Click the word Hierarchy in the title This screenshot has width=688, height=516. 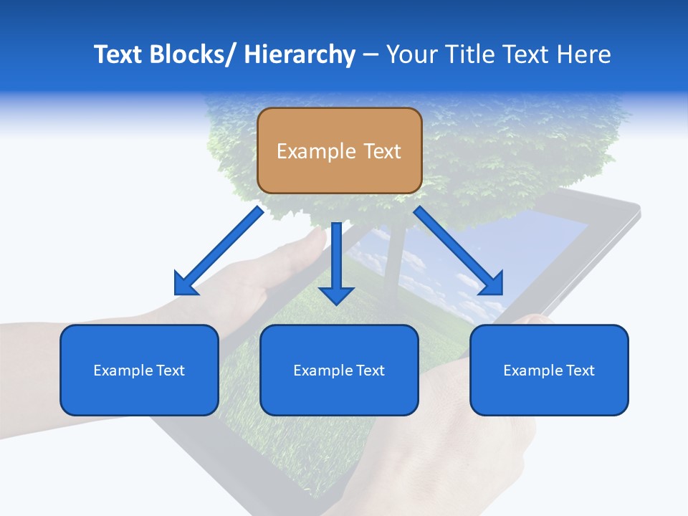(300, 55)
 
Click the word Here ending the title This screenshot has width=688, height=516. (584, 55)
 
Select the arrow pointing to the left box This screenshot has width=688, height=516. (219, 251)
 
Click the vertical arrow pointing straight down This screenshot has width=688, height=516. (337, 262)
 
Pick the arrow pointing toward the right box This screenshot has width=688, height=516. (458, 251)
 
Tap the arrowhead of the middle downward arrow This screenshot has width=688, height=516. (337, 294)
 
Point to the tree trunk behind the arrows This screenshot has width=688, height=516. (393, 265)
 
